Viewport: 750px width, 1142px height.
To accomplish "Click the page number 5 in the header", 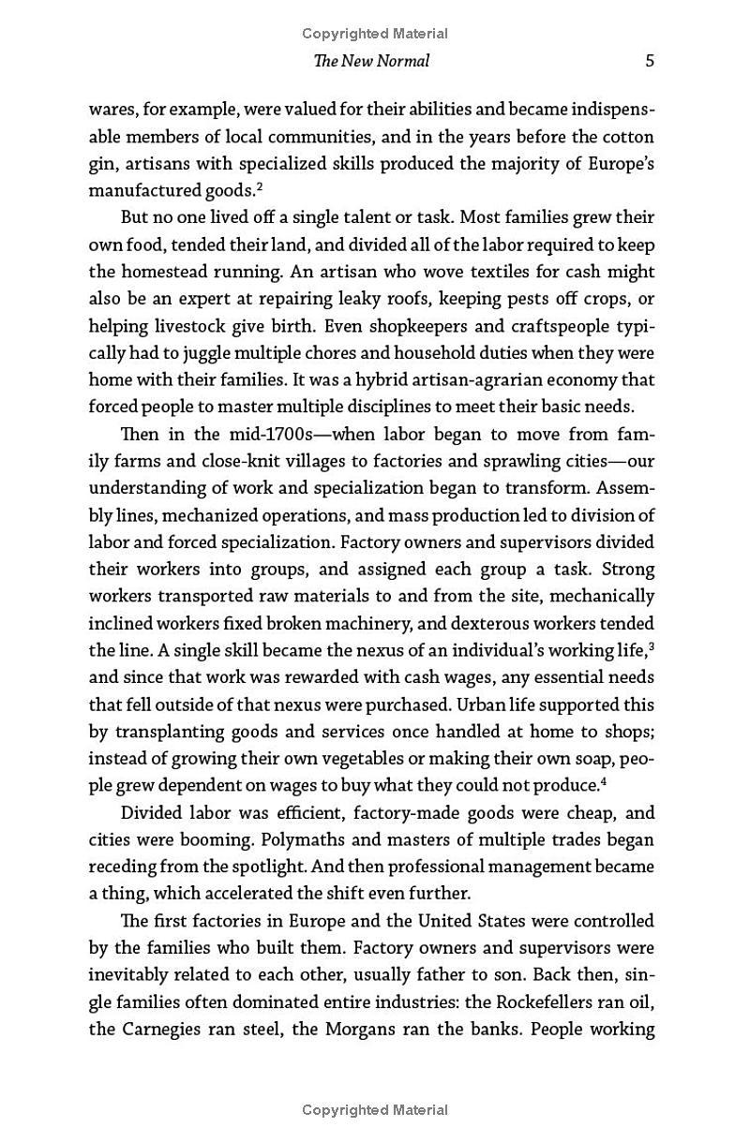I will click(650, 61).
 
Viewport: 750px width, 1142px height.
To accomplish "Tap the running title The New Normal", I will click(372, 61).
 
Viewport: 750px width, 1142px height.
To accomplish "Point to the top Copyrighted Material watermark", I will click(375, 34).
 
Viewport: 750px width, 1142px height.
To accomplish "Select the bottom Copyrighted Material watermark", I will click(375, 1110).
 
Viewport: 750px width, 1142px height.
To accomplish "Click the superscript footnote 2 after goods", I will click(259, 185).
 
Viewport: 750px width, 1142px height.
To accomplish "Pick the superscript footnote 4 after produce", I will click(602, 779).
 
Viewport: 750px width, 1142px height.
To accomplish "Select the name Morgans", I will click(369, 1030).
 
